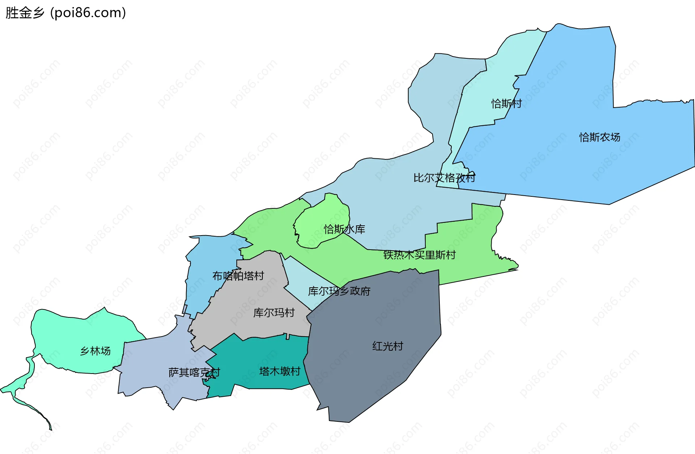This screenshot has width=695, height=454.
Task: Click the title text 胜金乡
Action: pos(25,13)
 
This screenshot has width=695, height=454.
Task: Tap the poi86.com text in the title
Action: pos(88,13)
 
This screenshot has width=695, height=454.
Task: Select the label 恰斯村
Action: pos(506,104)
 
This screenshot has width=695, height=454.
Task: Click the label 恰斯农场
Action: pos(599,137)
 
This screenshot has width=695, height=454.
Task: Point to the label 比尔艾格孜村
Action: pos(444,178)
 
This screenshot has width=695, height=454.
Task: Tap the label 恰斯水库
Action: pos(344,229)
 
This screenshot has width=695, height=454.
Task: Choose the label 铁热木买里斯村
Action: pos(419,255)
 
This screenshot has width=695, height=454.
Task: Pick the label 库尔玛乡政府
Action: pos(339,291)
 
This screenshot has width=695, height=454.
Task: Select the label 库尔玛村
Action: pos(274,312)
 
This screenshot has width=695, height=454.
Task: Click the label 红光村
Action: pos(387,346)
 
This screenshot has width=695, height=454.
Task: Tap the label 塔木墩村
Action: pos(279,371)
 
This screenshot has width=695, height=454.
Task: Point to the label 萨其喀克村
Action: pos(194,372)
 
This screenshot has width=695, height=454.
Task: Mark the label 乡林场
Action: pos(95,351)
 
